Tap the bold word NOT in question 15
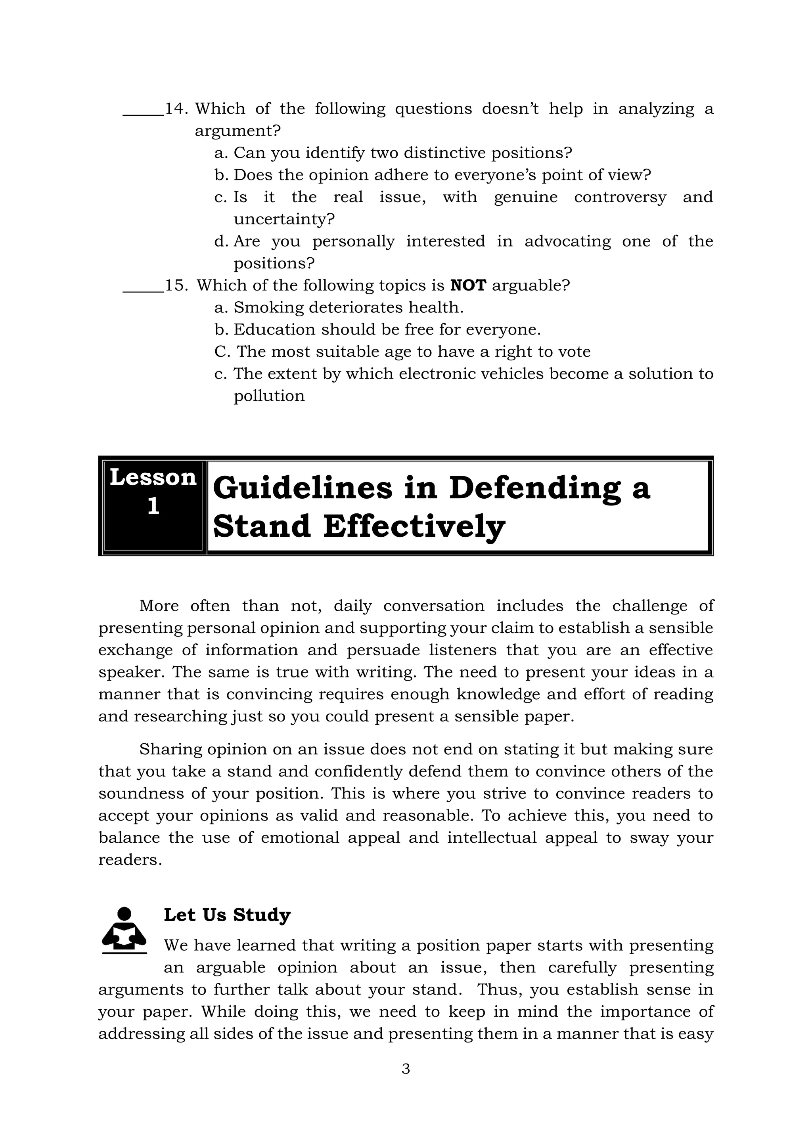tap(468, 285)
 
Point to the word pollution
tap(269, 396)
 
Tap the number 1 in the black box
tap(153, 506)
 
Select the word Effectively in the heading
tap(414, 526)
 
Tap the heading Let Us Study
tap(227, 915)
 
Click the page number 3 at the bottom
tap(406, 1068)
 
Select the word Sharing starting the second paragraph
tap(170, 750)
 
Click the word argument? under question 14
tap(237, 131)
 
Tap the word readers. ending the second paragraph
tap(130, 860)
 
